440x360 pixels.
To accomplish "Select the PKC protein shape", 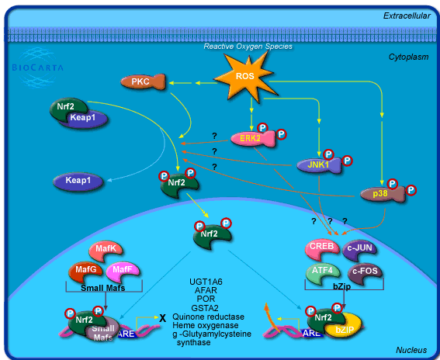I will click(x=141, y=81).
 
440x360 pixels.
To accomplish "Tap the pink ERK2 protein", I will click(x=248, y=138).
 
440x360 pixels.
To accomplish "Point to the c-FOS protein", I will click(x=363, y=273).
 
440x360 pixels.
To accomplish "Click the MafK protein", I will click(x=106, y=250).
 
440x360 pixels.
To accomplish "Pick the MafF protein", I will click(x=123, y=271).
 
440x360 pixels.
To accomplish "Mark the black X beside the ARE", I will click(x=161, y=318).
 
